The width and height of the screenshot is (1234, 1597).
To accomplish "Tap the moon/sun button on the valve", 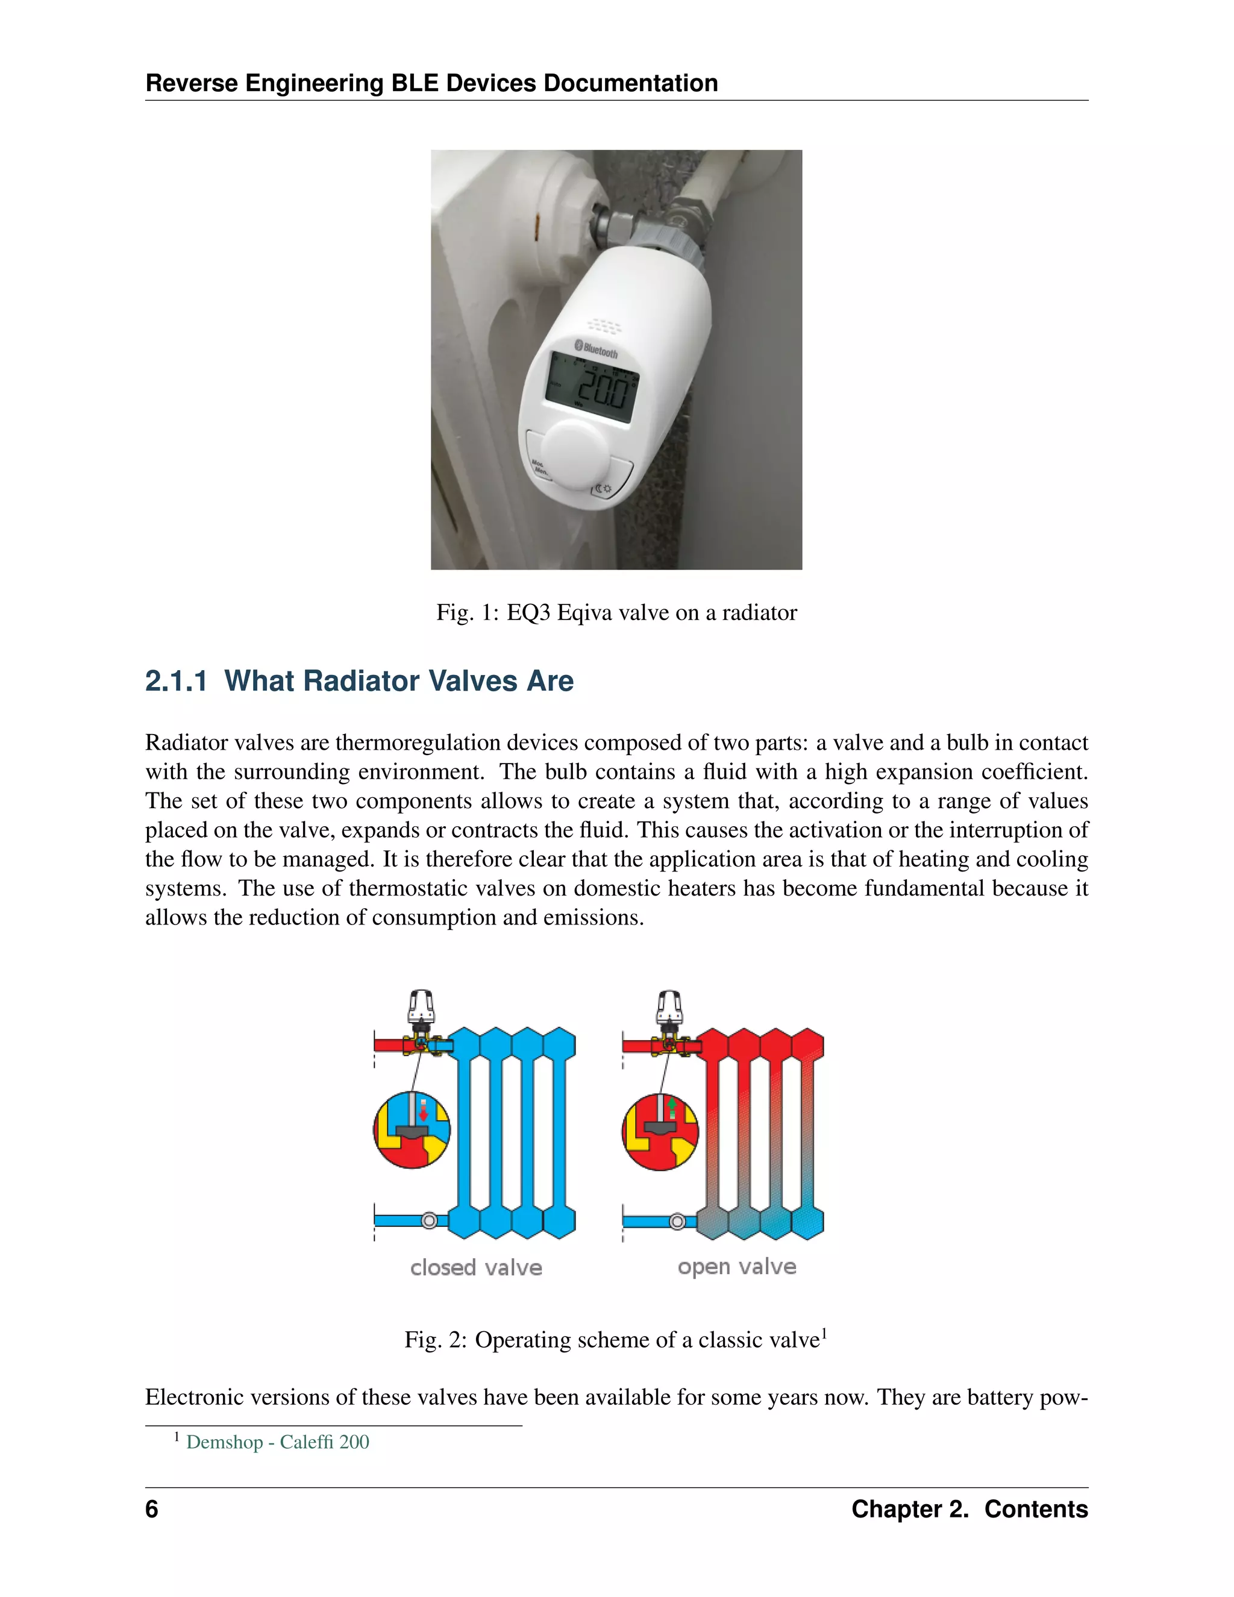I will pyautogui.click(x=604, y=487).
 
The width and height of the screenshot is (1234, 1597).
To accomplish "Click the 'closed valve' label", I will pyautogui.click(x=476, y=1267).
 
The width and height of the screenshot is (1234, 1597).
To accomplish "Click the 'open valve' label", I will pyautogui.click(x=736, y=1267).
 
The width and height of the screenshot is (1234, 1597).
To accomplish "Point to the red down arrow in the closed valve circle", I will pyautogui.click(x=423, y=1111).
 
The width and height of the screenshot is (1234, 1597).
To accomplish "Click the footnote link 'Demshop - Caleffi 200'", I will pyautogui.click(x=278, y=1442).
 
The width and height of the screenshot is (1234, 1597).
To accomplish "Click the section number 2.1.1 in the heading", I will pyautogui.click(x=176, y=681).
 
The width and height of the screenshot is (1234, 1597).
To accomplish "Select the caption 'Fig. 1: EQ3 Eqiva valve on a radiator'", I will pyautogui.click(x=616, y=612).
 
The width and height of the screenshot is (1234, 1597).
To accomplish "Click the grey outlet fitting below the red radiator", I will pyautogui.click(x=678, y=1221).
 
